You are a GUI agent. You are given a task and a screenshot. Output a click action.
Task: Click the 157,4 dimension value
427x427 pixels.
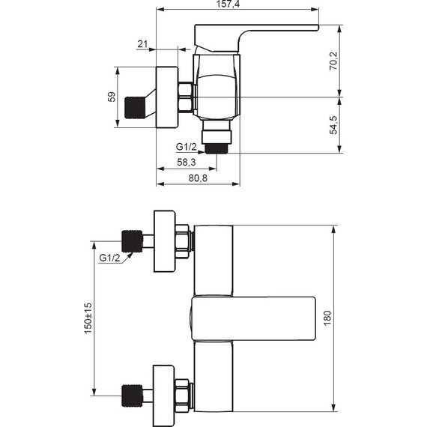[x=228, y=4]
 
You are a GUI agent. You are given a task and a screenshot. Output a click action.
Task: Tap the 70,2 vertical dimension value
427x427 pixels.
[x=333, y=61]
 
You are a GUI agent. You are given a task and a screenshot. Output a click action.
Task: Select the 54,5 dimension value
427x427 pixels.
[x=333, y=125]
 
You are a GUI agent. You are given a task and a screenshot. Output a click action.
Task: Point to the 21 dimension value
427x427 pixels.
[x=142, y=44]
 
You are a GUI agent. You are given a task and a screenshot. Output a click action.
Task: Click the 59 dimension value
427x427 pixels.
[x=112, y=97]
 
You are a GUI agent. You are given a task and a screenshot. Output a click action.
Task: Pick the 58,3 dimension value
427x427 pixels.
[x=187, y=163]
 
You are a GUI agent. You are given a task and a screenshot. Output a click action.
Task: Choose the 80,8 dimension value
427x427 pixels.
[x=198, y=178]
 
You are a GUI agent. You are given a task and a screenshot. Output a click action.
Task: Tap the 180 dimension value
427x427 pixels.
[x=327, y=318]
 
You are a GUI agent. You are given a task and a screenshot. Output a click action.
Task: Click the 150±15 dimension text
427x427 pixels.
[x=88, y=318]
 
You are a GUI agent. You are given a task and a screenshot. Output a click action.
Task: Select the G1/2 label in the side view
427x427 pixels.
[x=187, y=147]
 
